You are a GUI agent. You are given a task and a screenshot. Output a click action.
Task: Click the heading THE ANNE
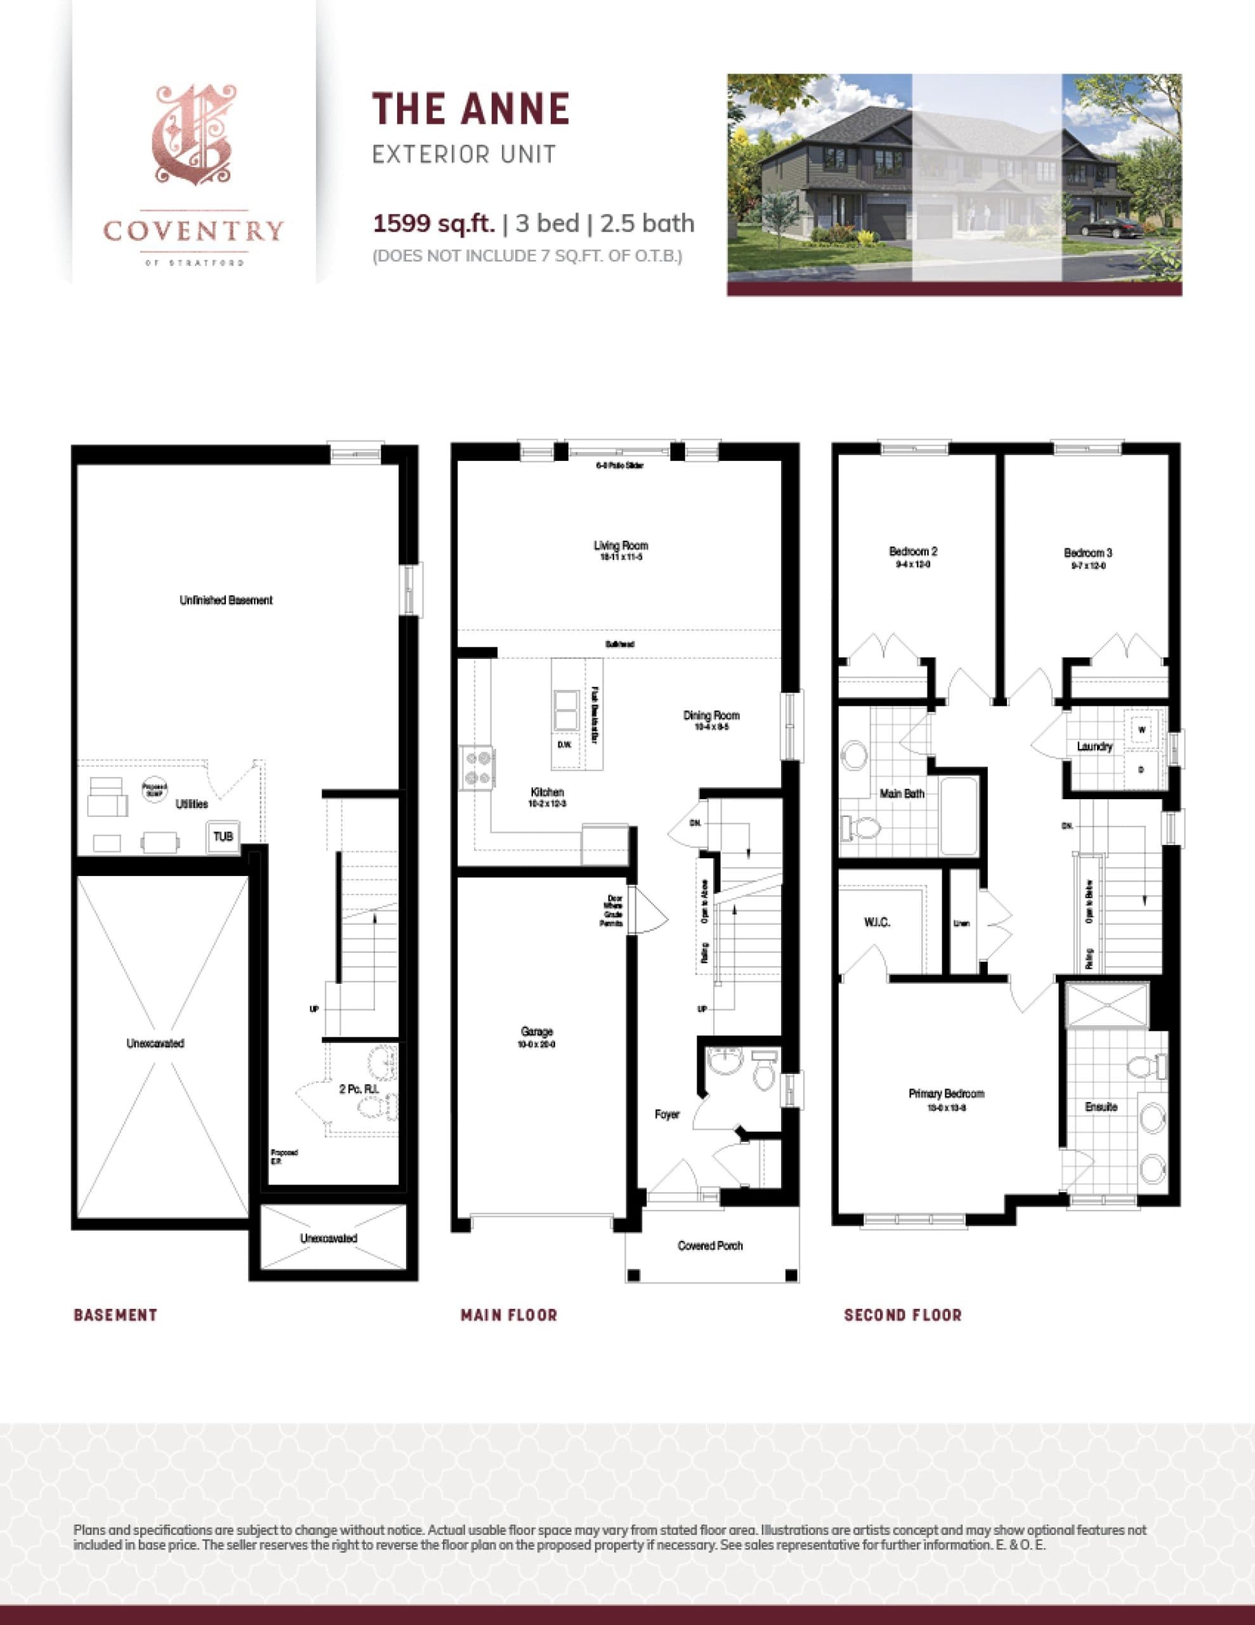click(x=471, y=109)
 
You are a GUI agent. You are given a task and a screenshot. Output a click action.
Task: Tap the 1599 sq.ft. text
click(x=434, y=223)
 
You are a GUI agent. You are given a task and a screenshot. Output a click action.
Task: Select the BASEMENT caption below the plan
click(x=115, y=1315)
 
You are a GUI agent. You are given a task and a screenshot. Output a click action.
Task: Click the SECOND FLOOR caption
click(x=902, y=1315)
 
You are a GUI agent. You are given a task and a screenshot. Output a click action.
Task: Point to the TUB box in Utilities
click(x=223, y=837)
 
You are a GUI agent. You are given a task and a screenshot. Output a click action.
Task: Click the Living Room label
click(x=621, y=545)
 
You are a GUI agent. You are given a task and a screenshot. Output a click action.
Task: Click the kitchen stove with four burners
click(x=478, y=769)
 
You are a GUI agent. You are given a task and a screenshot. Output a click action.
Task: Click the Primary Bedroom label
click(x=946, y=1093)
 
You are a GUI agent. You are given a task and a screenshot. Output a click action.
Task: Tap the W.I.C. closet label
click(x=877, y=922)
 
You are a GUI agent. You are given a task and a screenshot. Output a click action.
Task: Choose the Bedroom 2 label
click(x=913, y=552)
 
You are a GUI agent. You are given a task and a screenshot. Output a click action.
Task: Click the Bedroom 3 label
click(x=1087, y=553)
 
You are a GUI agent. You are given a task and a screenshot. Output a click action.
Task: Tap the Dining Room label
click(x=711, y=716)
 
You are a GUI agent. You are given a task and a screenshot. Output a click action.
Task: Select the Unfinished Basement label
click(x=226, y=600)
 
